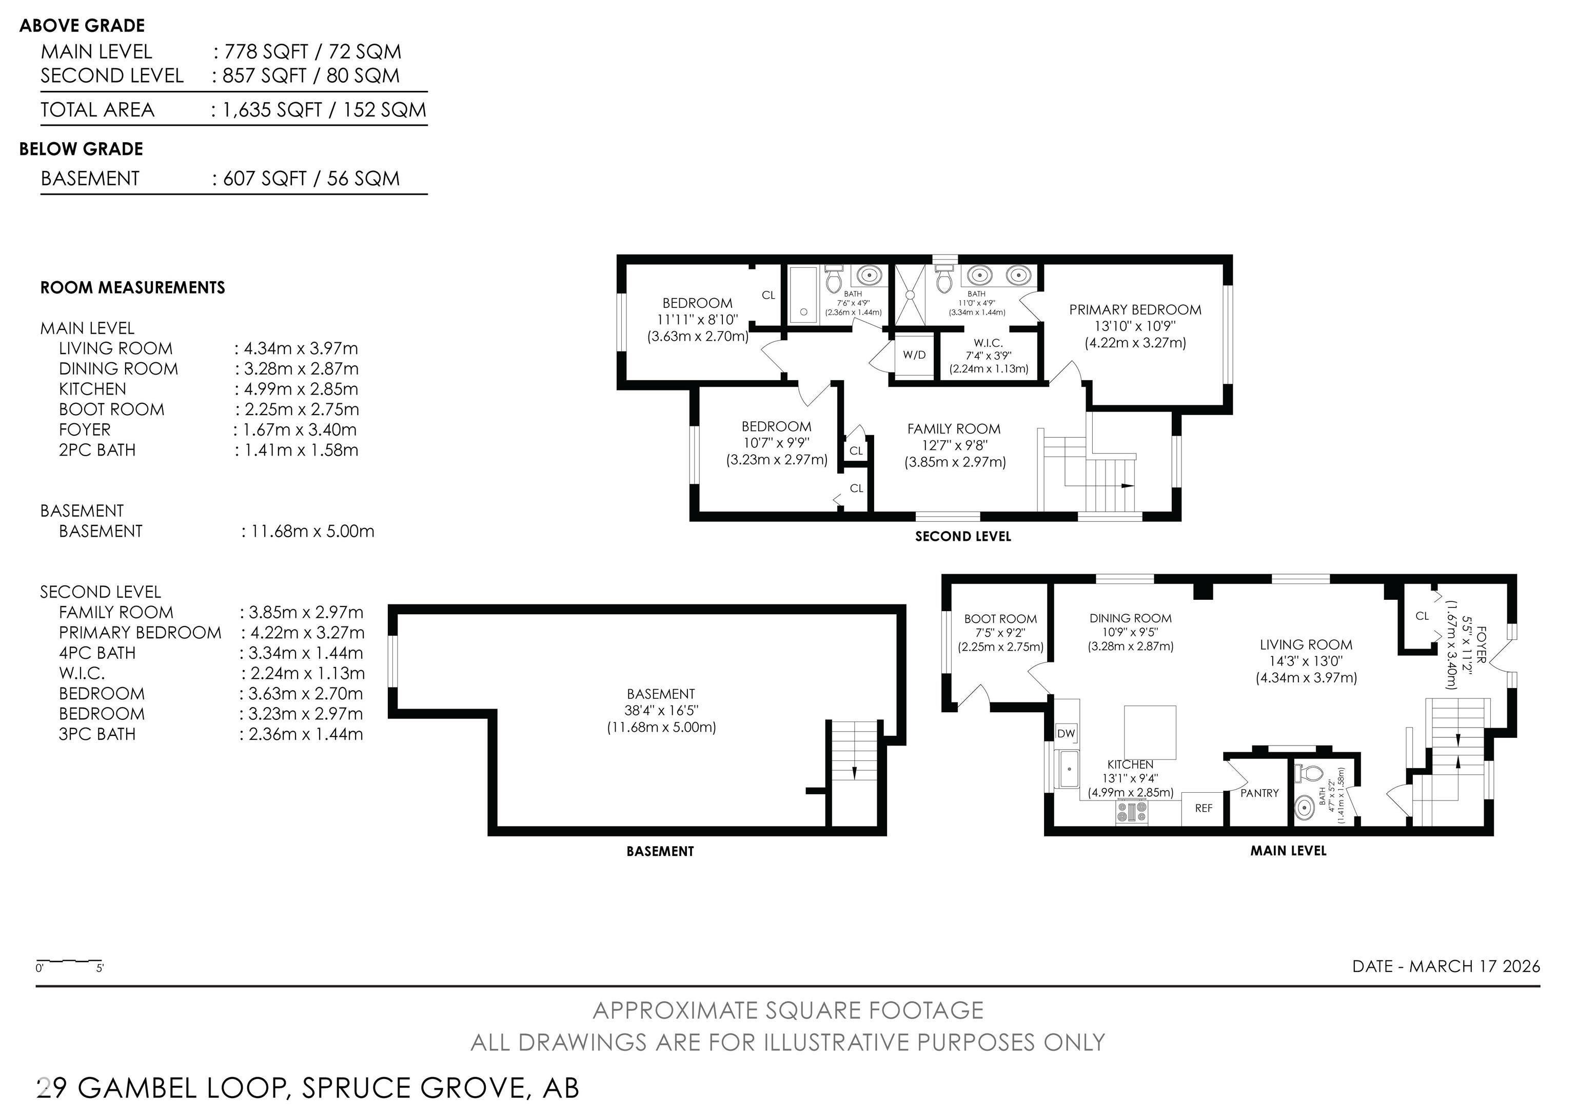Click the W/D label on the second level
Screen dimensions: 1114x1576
pyautogui.click(x=914, y=355)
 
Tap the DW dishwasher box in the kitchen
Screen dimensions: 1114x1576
pyautogui.click(x=1066, y=734)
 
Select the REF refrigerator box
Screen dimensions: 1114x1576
pyautogui.click(x=1203, y=809)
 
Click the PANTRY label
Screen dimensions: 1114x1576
pyautogui.click(x=1259, y=793)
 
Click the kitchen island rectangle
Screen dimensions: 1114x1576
pyautogui.click(x=1149, y=732)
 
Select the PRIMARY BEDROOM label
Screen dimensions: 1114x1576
pyautogui.click(x=1135, y=309)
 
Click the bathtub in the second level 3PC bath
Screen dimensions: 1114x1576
pyautogui.click(x=803, y=295)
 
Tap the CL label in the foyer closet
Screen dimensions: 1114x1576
pyautogui.click(x=1422, y=616)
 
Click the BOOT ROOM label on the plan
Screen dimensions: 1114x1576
pyautogui.click(x=1000, y=619)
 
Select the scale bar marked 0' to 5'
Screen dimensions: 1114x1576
pyautogui.click(x=69, y=962)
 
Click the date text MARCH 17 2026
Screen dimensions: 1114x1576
pyautogui.click(x=1474, y=966)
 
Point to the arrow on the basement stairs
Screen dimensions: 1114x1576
pyautogui.click(x=854, y=772)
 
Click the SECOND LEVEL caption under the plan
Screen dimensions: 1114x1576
pyautogui.click(x=962, y=537)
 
